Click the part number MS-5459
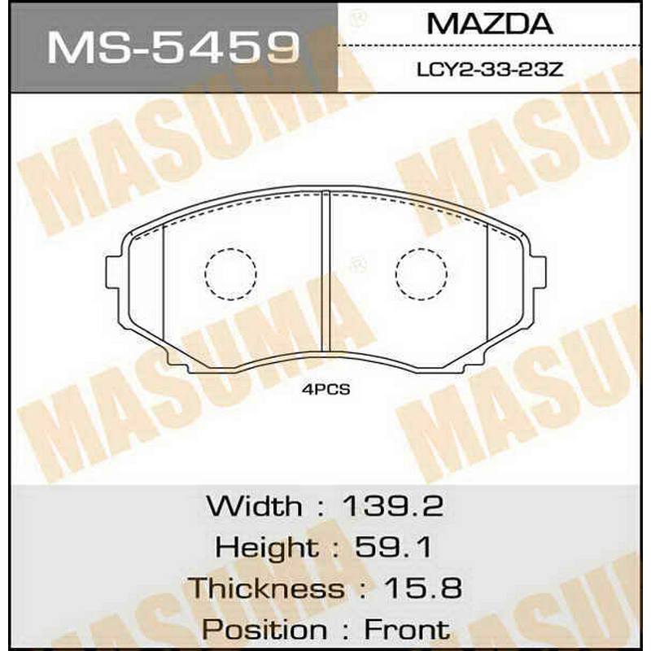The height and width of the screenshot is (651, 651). (173, 48)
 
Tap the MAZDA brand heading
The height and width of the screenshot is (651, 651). (490, 24)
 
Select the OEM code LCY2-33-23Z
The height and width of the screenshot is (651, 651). (490, 70)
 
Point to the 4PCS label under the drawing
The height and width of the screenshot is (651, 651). (326, 390)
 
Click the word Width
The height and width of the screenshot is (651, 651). (254, 506)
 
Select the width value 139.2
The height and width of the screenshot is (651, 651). (393, 506)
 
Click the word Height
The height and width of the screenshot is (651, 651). (266, 548)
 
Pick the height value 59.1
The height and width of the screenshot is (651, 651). (394, 547)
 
